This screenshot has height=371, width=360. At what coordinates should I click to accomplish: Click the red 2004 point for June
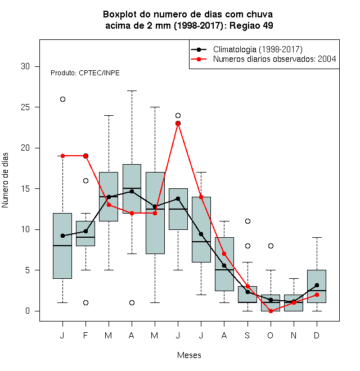pos(178,123)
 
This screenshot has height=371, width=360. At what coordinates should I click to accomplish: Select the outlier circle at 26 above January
pos(62,99)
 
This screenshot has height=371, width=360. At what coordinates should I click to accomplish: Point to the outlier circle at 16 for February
pos(85,181)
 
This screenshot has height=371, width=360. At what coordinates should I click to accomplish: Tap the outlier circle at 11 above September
pos(247,221)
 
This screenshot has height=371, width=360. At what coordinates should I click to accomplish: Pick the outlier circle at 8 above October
pos(271,246)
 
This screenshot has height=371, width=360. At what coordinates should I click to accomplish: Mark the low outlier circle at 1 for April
pos(132,302)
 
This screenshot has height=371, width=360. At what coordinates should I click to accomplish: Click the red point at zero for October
pos(271,311)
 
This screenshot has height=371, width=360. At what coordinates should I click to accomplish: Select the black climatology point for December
pos(317,285)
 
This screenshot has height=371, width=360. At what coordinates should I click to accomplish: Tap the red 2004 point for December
pos(317,295)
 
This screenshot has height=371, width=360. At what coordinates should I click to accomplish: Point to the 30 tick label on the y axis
pos(25,66)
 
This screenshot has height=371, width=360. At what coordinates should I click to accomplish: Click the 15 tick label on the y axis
pos(25,189)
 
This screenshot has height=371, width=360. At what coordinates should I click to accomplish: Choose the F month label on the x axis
pos(85,335)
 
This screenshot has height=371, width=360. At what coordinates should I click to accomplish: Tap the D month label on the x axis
pos(317,335)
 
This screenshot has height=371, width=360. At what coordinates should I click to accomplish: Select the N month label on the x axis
pos(294,335)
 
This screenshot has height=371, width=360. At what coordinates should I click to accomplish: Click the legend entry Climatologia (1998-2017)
pos(258,49)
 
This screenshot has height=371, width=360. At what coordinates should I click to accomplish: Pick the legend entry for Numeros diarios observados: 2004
pos(274,59)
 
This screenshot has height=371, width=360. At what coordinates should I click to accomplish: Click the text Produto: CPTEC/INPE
pos(85,73)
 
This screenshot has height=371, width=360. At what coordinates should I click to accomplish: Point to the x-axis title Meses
pos(189,355)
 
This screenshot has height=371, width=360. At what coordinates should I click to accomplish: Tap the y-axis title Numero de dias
pos(5,180)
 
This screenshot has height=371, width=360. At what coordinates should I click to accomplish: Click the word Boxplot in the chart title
pos(120,15)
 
